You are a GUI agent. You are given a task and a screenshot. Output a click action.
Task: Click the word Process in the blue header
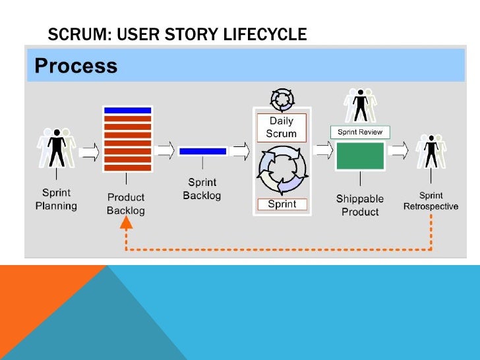coord(76,66)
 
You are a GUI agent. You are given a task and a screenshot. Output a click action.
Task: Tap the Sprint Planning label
coord(56,200)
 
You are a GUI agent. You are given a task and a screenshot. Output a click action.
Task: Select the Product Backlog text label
coord(126,204)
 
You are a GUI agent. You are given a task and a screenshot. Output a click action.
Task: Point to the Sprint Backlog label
coord(202,189)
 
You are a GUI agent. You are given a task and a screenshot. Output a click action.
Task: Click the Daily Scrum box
coord(282,127)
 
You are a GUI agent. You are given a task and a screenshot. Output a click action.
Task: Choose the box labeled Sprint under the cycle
coord(282,204)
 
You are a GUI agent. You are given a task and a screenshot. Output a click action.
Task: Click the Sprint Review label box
coord(360,132)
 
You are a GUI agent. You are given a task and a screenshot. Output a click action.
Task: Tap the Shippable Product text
coord(360,205)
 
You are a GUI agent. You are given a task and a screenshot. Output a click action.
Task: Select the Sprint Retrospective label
coord(431,201)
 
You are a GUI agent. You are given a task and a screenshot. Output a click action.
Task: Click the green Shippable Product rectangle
coord(360,156)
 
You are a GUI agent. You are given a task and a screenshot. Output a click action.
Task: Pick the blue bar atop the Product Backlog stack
coord(128,110)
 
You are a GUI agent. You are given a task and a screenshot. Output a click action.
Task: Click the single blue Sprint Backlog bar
coord(202,152)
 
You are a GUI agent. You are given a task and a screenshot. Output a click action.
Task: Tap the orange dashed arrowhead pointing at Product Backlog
coord(127,224)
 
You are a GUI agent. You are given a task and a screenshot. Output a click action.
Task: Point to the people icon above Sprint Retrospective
coord(431,151)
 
